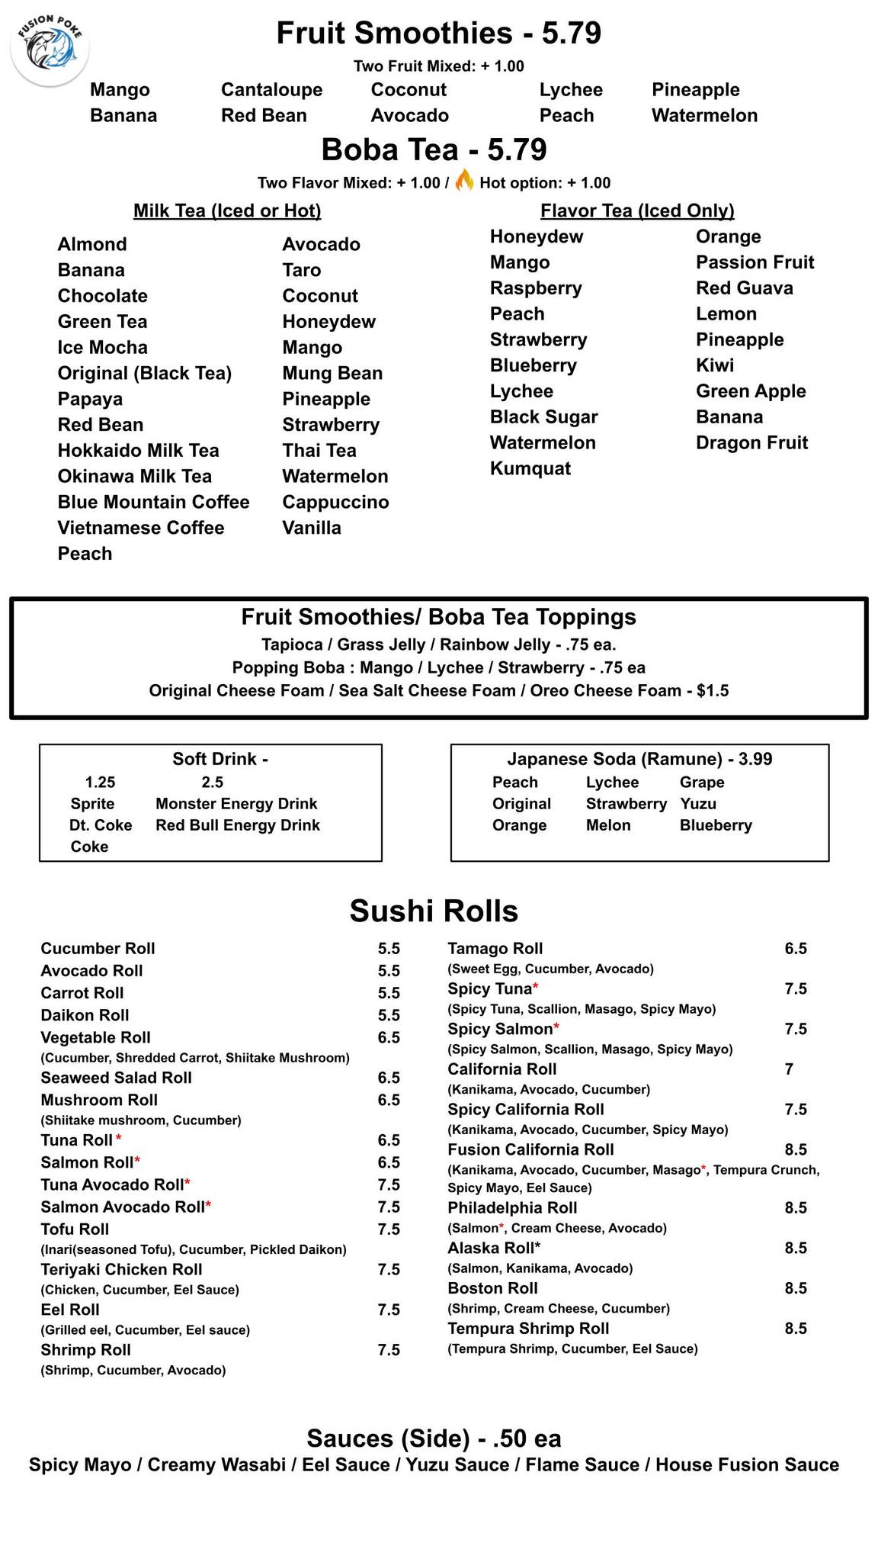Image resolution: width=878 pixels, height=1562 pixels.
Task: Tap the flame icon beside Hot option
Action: point(464,181)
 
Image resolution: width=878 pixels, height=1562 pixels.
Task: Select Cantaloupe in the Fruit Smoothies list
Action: point(271,90)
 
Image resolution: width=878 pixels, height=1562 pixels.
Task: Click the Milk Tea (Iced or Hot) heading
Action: point(227,211)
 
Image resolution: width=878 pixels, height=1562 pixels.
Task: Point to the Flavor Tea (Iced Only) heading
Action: point(637,211)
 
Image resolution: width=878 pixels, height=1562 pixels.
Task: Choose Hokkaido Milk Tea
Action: point(138,451)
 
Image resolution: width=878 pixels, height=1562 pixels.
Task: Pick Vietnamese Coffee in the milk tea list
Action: point(141,528)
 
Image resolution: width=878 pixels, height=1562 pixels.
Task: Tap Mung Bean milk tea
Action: point(332,373)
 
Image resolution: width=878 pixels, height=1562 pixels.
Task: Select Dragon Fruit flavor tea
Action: point(751,443)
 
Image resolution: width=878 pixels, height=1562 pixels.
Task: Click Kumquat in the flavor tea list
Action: point(530,468)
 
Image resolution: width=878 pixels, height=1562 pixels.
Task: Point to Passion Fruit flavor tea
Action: point(755,262)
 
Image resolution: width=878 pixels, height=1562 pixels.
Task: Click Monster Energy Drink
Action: point(236,804)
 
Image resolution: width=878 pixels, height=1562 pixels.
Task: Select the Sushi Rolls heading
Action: point(434,911)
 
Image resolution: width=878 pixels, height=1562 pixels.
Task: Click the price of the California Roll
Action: point(789,1069)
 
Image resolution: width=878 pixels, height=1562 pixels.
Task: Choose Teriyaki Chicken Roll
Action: point(121,1269)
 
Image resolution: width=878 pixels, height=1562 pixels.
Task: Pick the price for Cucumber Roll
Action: point(389,949)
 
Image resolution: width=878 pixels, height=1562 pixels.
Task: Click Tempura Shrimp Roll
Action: point(528,1329)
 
